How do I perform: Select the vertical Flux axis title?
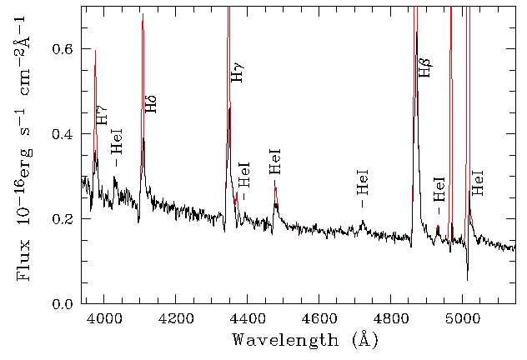pos(23,148)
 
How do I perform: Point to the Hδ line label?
pos(151,103)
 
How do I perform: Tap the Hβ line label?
pos(424,67)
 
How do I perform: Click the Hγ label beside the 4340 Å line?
pos(238,72)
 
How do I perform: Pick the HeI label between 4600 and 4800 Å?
pos(362,187)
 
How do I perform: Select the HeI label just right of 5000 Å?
pos(478,182)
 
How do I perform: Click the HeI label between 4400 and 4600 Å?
pos(275,161)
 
